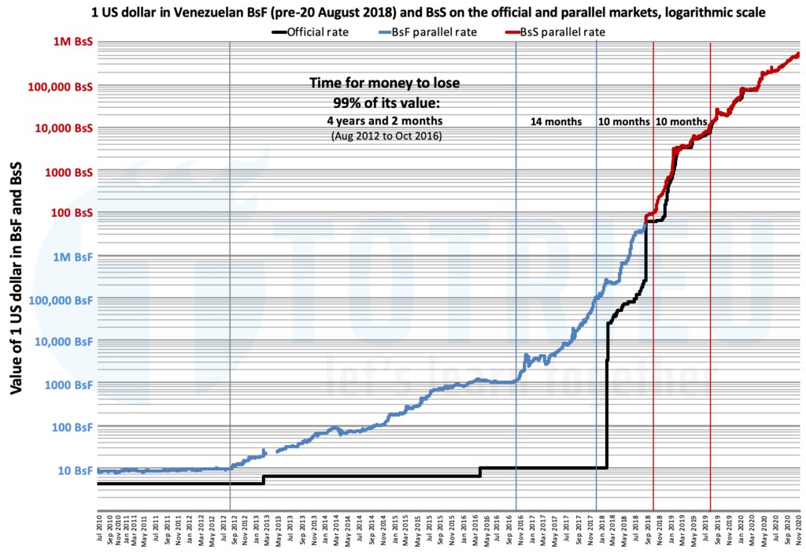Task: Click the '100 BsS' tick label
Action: pos(71,213)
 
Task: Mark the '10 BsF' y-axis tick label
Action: pos(75,470)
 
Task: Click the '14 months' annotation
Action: pos(556,122)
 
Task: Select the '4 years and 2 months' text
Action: pos(384,121)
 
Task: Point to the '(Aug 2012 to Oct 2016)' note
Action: pos(384,135)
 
